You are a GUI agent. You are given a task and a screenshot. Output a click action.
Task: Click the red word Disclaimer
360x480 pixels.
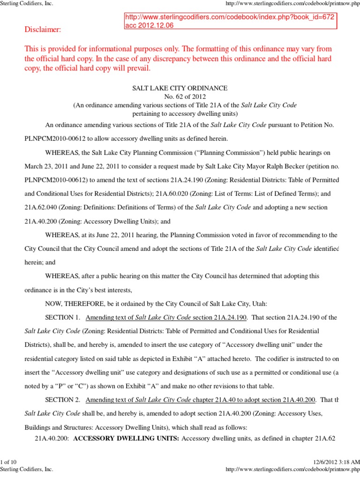point(43,30)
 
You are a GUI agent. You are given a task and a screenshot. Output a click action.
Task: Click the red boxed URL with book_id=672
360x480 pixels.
point(230,17)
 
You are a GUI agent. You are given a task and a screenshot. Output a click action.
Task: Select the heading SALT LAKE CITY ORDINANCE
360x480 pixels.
point(180,88)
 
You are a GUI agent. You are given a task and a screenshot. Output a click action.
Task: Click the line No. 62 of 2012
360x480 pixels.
point(180,97)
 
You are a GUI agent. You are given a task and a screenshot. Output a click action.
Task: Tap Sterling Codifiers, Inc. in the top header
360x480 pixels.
point(27,4)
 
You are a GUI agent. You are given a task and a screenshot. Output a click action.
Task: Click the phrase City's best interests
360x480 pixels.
point(127,290)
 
